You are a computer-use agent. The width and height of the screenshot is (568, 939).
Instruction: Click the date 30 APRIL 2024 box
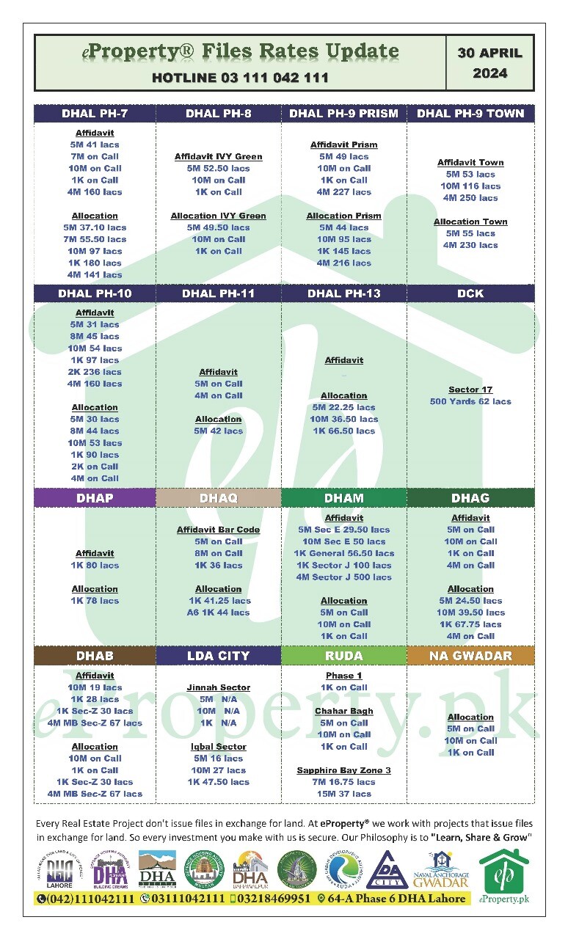489,63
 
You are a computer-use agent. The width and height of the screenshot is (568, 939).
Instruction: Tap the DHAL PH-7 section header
95,114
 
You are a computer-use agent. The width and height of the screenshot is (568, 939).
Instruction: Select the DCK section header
470,293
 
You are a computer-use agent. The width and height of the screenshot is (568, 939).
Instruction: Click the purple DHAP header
95,498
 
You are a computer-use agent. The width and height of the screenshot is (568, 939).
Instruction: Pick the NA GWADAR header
470,656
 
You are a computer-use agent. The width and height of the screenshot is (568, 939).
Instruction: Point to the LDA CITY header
218,656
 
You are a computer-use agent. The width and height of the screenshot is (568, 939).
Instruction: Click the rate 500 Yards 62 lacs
470,402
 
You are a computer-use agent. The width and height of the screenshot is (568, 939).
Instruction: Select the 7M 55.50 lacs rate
95,239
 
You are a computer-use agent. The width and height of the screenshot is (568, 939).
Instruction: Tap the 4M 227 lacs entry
343,192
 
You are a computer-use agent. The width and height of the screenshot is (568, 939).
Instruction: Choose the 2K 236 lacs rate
95,372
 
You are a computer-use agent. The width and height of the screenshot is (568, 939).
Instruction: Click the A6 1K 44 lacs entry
218,613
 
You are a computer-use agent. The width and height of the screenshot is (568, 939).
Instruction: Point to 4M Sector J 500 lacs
343,577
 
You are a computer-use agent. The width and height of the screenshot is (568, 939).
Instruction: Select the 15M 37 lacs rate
343,794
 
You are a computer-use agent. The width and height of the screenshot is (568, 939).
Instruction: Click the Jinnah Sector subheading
218,688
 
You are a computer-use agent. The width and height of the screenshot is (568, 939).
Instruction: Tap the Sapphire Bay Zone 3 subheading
343,771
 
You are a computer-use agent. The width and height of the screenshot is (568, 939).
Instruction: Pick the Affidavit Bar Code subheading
218,530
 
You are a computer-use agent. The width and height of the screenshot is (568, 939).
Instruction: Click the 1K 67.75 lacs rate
470,624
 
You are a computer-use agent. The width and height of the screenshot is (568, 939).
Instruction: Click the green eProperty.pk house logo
503,874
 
